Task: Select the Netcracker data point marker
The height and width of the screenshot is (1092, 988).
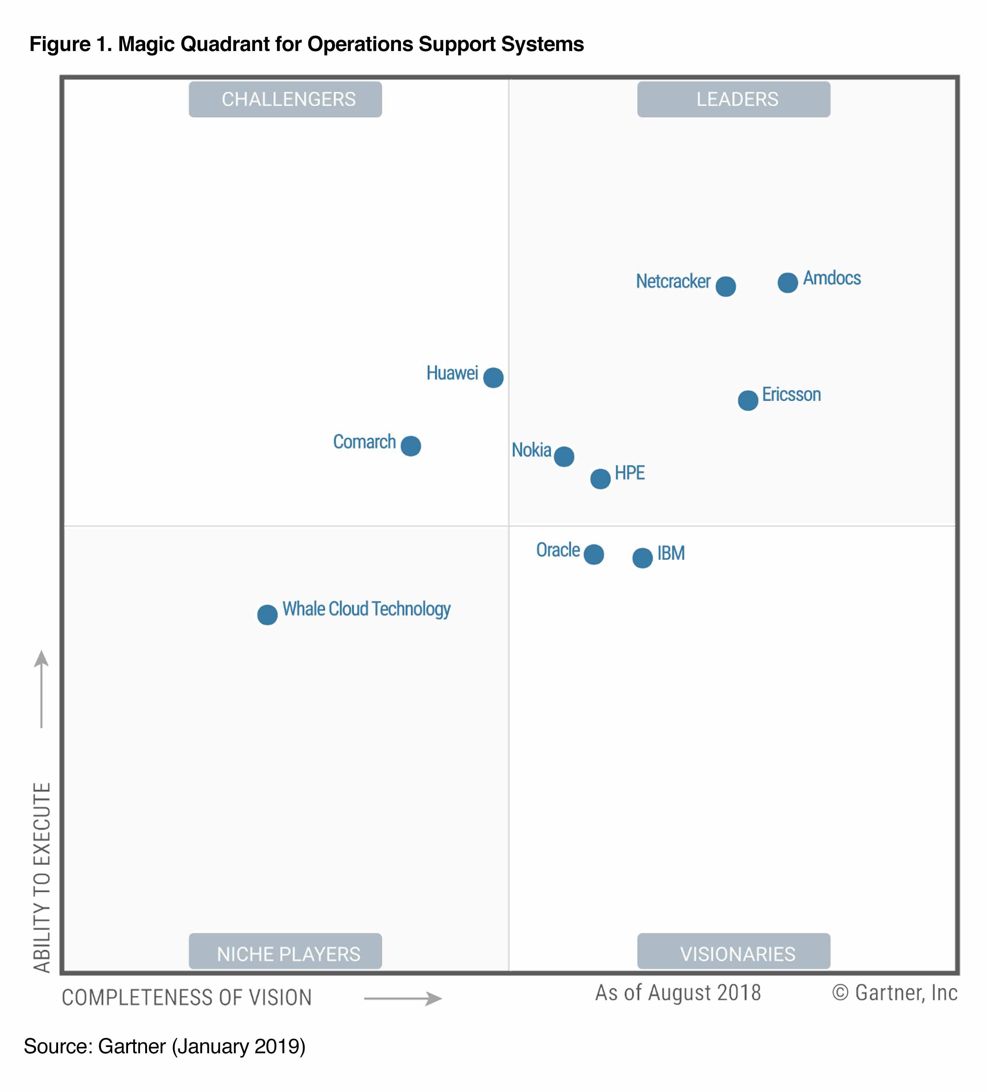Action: (726, 286)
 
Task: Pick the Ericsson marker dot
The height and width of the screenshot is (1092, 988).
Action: (748, 400)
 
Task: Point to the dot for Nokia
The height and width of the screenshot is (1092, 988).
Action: (564, 457)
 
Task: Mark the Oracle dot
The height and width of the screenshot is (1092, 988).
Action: (594, 554)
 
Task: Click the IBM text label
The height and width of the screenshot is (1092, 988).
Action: (671, 553)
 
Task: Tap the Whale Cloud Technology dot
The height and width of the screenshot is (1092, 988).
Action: (267, 615)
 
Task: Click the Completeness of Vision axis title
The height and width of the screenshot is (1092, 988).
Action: (187, 997)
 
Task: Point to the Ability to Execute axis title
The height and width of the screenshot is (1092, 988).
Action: (42, 877)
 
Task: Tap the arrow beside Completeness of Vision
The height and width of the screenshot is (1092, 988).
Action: (403, 998)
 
